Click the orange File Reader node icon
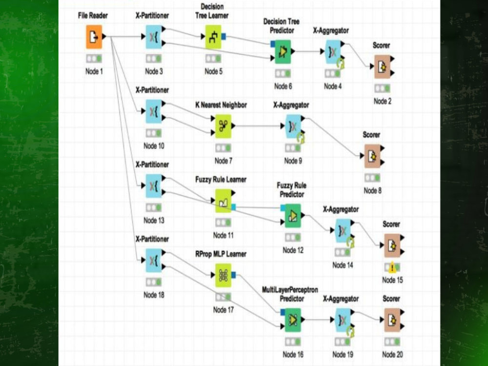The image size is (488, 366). (94, 37)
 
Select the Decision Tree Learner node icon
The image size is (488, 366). (213, 37)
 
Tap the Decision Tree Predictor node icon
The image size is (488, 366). (283, 52)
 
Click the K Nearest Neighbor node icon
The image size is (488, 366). (223, 126)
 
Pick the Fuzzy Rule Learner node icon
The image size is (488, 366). (223, 201)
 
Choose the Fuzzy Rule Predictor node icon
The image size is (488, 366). (293, 216)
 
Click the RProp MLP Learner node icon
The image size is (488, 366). (223, 275)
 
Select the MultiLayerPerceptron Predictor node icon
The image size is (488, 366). (293, 320)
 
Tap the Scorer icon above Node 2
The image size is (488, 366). (382, 66)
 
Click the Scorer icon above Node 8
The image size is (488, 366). (372, 156)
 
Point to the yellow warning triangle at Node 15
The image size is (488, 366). (392, 267)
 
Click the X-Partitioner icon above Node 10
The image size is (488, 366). (154, 111)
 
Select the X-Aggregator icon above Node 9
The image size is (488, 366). (293, 126)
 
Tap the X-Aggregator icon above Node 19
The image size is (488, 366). (343, 320)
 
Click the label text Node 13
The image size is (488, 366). (154, 221)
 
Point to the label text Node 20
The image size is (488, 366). (392, 354)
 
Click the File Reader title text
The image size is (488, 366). (93, 16)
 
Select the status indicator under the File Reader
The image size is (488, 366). (94, 59)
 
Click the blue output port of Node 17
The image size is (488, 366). (234, 275)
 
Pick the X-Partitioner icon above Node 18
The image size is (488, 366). (154, 261)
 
